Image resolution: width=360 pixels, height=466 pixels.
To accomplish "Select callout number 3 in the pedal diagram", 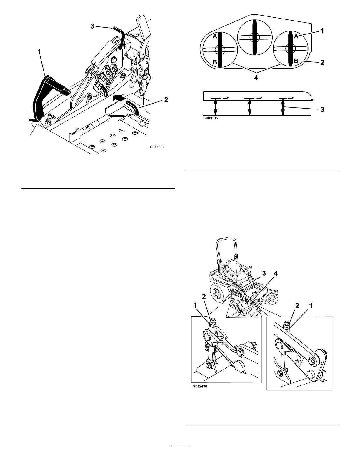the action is pos(92,26).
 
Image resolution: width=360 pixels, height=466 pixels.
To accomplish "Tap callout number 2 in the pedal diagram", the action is pos(166,100).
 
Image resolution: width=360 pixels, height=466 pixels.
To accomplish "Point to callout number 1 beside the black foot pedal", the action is pos(39,52).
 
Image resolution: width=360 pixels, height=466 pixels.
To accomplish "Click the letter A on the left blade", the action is pos(215,36).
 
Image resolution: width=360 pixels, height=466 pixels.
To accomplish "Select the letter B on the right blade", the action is pos(296,61).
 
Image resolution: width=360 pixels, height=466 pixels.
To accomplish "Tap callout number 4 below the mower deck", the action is pos(256,78).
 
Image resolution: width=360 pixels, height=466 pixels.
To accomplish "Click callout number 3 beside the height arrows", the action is pos(322,109).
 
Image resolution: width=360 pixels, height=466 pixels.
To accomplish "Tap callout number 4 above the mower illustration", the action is pos(276,273).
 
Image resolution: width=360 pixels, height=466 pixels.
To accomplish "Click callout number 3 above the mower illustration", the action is pos(264,273).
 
